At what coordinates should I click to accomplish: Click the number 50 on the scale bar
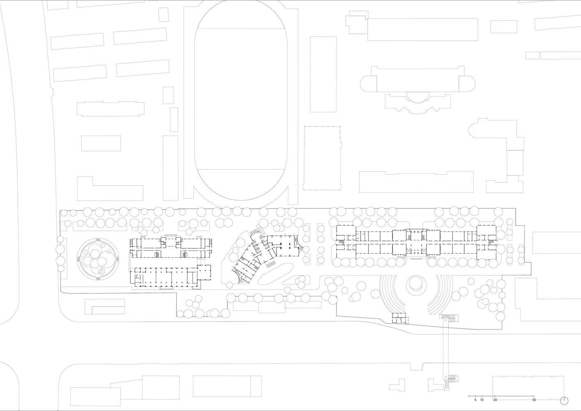[x=534, y=407]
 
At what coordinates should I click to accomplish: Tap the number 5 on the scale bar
[x=475, y=407]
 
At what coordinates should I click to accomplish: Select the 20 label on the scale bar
[x=495, y=407]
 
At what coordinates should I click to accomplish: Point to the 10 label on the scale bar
[x=482, y=407]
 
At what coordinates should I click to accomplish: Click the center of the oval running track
[x=241, y=100]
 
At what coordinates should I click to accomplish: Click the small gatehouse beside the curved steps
[x=399, y=318]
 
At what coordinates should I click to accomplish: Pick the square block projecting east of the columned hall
[x=204, y=272]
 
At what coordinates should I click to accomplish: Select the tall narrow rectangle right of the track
[x=323, y=74]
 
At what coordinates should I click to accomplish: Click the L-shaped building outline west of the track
[x=110, y=189]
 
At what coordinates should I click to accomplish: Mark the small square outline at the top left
[x=164, y=14]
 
